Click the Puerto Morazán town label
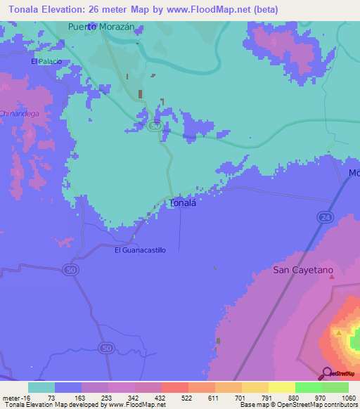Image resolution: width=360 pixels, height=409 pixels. pyautogui.click(x=101, y=27)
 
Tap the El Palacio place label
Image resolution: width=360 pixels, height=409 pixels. pyautogui.click(x=46, y=62)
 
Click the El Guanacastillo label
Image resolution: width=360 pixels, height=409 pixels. pyautogui.click(x=141, y=250)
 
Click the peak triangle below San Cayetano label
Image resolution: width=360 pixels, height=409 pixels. pyautogui.click(x=332, y=278)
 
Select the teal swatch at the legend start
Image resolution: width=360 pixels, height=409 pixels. pyautogui.click(x=41, y=387)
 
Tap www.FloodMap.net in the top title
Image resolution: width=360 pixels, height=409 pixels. pyautogui.click(x=211, y=10)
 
